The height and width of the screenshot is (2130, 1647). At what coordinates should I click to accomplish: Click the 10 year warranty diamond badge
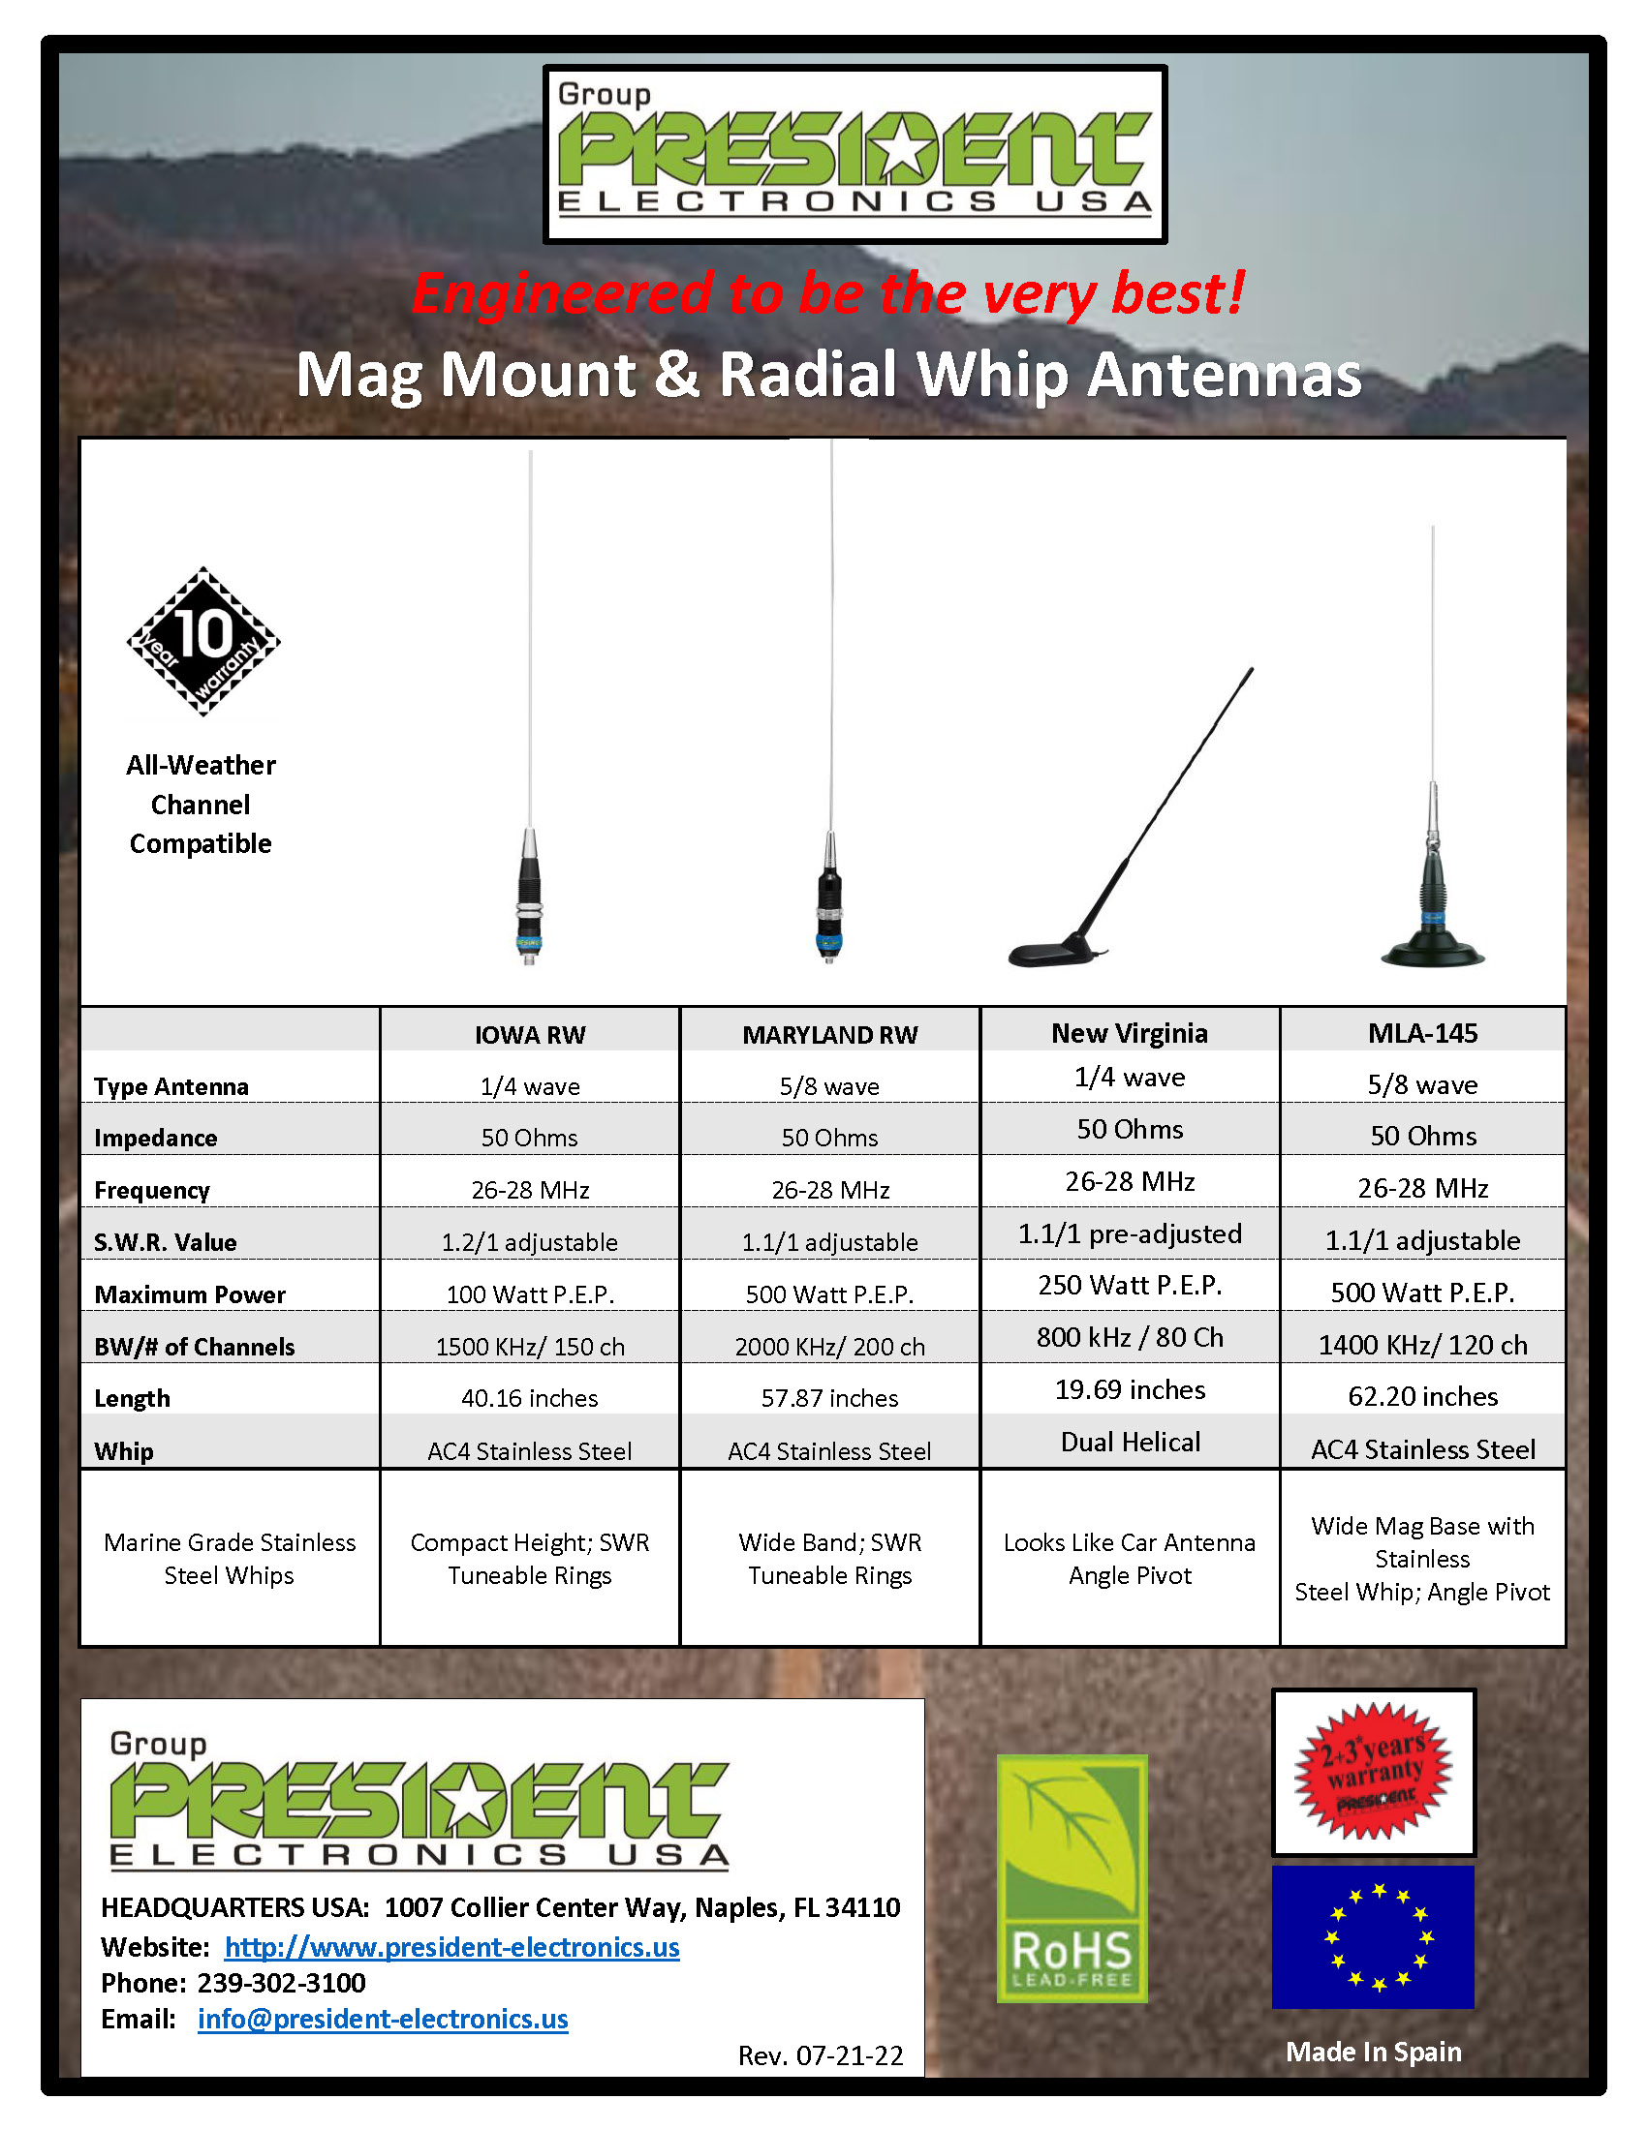[x=202, y=641]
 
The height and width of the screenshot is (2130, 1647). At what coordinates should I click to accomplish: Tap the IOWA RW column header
[x=530, y=1035]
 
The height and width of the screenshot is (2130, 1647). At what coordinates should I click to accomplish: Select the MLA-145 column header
[x=1422, y=1033]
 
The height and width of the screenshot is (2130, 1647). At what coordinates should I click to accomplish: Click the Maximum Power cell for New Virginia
[x=1130, y=1286]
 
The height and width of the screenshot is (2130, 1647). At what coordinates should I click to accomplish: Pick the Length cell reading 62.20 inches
[x=1422, y=1396]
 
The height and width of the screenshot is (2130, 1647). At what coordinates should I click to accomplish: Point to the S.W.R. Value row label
[x=165, y=1242]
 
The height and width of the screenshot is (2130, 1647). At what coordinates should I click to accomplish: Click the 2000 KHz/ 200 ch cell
[x=829, y=1347]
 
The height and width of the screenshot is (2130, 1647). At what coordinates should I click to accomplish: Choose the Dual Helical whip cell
[x=1130, y=1443]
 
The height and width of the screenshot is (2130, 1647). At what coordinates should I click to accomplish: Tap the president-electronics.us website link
[x=451, y=1947]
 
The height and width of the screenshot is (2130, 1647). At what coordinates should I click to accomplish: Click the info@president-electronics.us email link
[x=383, y=2019]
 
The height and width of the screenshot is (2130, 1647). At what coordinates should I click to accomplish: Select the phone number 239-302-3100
[x=281, y=1983]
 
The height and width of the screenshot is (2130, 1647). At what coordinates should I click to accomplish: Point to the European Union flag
[x=1373, y=1937]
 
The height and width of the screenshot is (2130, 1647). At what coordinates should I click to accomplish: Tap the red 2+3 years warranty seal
[x=1373, y=1771]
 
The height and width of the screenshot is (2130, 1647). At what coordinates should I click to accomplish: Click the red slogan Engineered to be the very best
[x=827, y=292]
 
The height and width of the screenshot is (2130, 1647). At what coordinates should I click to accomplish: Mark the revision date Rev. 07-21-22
[x=820, y=2055]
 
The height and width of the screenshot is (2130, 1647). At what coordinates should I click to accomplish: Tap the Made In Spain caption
[x=1373, y=2052]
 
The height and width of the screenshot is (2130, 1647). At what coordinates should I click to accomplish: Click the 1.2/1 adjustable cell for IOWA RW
[x=530, y=1242]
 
